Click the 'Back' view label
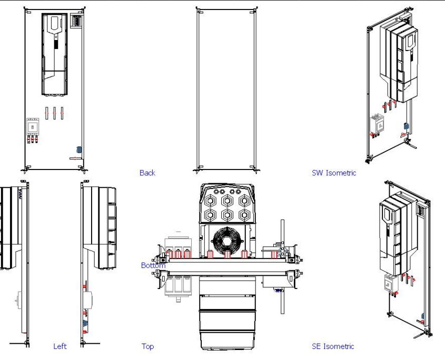click(147, 173)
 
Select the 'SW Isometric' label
click(333, 173)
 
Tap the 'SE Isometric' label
click(333, 346)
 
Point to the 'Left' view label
click(60, 346)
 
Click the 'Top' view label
click(147, 346)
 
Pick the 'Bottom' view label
click(153, 265)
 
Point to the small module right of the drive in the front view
click(77, 22)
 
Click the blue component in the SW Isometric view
click(406, 126)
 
